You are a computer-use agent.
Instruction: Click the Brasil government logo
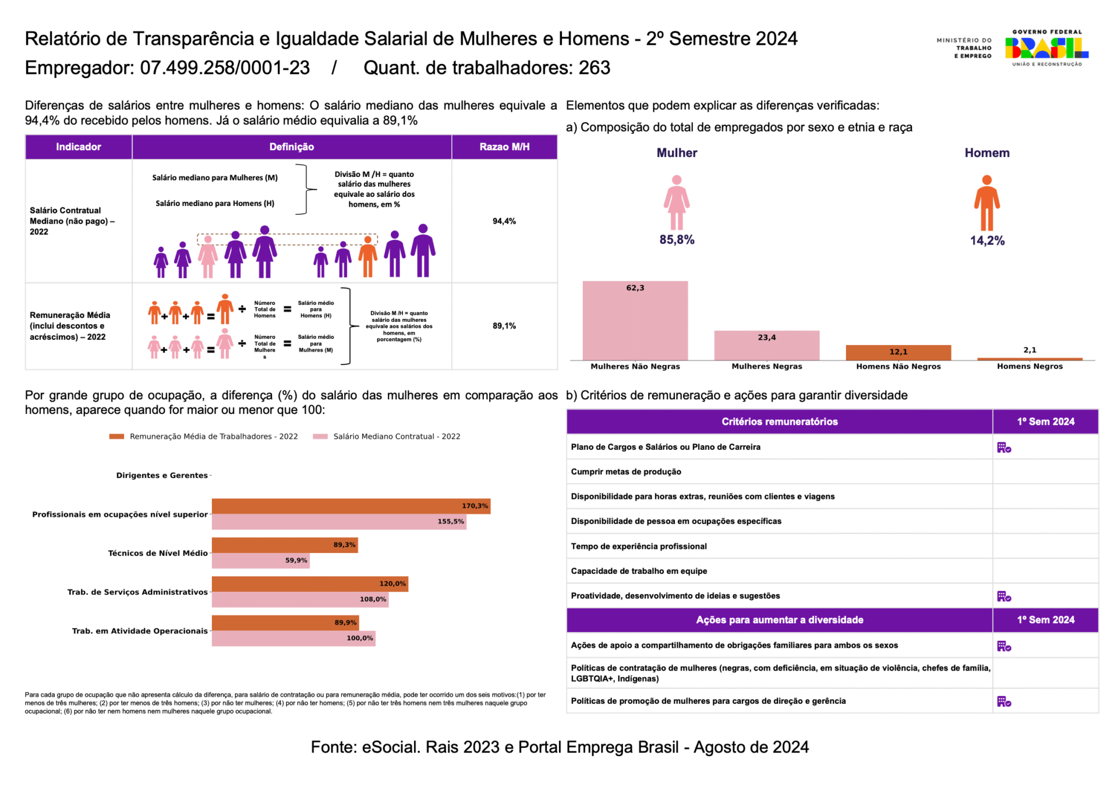point(1046,48)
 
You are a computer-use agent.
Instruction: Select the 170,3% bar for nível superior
point(351,506)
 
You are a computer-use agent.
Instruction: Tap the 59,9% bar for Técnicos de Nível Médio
point(260,561)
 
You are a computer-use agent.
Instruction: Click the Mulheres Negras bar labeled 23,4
point(766,346)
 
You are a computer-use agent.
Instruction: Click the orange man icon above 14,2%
point(986,203)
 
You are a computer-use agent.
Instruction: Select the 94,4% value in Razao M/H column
point(504,221)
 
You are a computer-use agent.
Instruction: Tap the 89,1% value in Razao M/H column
point(504,326)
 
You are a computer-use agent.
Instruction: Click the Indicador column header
point(78,147)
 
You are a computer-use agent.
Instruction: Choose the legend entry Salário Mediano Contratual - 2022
point(396,437)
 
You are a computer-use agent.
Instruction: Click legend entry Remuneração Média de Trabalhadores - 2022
point(213,437)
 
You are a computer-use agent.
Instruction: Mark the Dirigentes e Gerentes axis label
point(161,476)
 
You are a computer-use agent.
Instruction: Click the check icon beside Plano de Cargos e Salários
point(1004,448)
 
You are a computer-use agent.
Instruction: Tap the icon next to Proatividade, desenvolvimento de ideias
point(1004,597)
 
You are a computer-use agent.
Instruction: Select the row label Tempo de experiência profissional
point(638,547)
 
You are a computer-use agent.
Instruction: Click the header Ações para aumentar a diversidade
point(779,620)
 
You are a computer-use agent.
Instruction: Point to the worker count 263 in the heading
point(594,68)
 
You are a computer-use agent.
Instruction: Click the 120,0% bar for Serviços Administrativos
point(309,584)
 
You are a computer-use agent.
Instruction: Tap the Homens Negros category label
point(1029,367)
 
